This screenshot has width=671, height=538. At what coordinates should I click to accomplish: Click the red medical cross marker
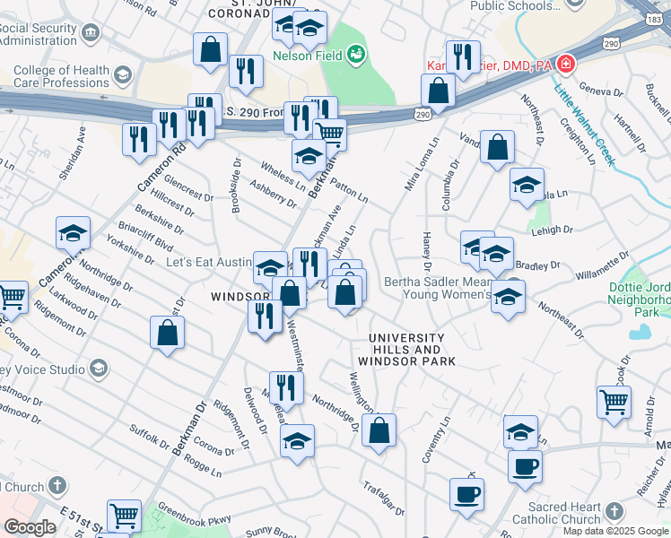[x=565, y=65]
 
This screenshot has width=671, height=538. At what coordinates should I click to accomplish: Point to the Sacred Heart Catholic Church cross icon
[x=614, y=511]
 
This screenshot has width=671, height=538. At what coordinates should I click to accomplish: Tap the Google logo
[x=30, y=527]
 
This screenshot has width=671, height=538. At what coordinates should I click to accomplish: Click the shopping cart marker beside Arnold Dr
[x=614, y=403]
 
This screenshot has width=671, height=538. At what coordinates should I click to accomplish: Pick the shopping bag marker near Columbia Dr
[x=497, y=146]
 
